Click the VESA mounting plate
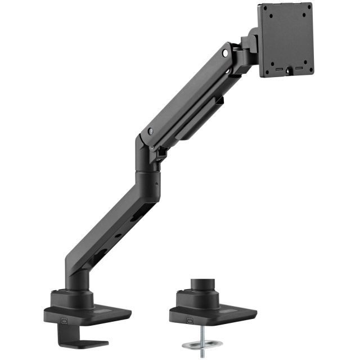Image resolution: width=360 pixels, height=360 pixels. point(285,39)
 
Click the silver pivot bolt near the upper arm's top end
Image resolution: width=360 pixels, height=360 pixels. point(225,54)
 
